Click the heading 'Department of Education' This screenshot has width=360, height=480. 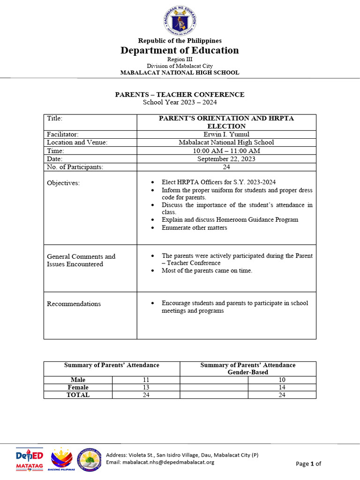[180, 50]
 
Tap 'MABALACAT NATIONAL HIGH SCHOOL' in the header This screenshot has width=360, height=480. [180, 73]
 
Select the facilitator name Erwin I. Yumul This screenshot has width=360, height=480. [226, 134]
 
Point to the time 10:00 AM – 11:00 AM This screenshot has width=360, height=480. [226, 150]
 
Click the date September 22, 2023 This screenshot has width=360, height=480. [226, 159]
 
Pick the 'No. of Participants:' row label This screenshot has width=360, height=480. [75, 167]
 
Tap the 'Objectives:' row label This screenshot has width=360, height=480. [63, 183]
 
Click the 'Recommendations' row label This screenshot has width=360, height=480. [74, 304]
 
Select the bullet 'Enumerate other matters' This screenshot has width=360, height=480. [194, 228]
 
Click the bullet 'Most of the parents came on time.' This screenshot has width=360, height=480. [207, 271]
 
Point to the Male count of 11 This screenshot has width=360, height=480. [145, 380]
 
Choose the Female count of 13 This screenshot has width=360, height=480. [145, 387]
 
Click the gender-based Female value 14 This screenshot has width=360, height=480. [282, 387]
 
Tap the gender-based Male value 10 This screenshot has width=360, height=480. [282, 380]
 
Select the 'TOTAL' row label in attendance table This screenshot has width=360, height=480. [78, 395]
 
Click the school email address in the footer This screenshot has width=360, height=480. [160, 462]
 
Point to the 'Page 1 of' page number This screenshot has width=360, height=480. [308, 464]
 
